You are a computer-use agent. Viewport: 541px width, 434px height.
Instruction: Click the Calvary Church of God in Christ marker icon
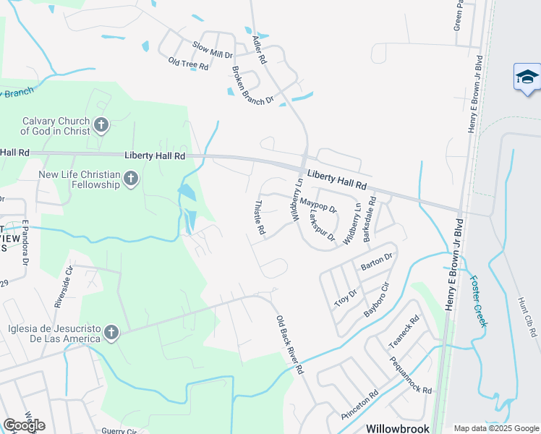(101, 126)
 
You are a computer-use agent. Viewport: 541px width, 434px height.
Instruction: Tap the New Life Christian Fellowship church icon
(130, 178)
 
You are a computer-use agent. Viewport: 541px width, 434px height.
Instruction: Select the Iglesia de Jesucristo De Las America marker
(111, 332)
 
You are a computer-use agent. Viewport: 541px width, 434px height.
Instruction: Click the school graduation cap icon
(527, 77)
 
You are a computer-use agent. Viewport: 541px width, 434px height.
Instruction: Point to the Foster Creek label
(480, 301)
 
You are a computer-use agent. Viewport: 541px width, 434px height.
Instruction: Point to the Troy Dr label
(346, 297)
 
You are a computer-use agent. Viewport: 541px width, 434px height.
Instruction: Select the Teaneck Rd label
(404, 329)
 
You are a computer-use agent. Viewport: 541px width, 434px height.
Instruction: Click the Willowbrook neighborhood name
(397, 427)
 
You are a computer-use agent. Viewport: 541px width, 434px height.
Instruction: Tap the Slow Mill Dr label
(212, 50)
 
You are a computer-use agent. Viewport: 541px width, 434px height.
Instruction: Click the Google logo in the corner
(24, 425)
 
